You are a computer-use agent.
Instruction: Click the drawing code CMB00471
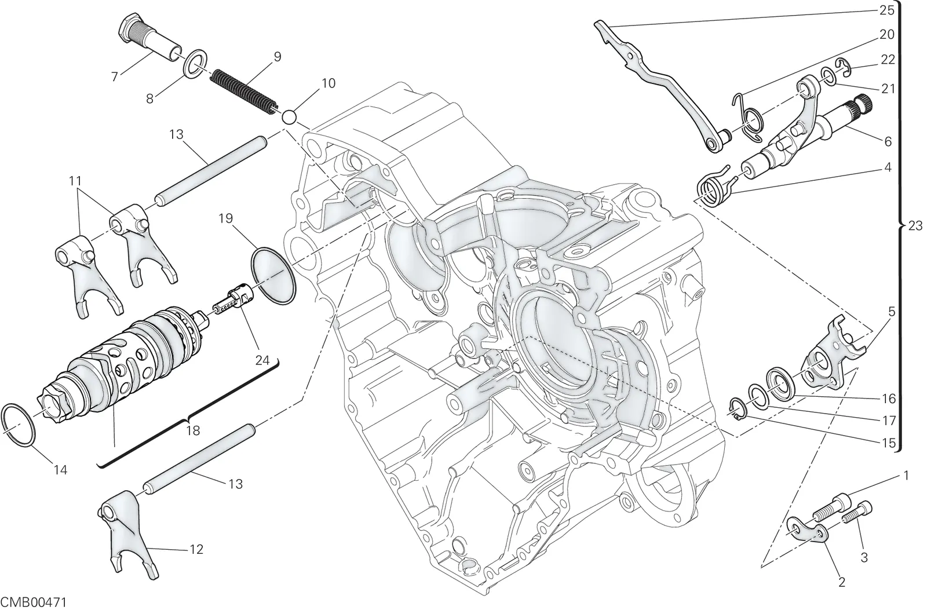[34, 602]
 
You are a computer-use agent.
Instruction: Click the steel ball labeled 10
[290, 117]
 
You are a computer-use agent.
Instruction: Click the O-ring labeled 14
[19, 425]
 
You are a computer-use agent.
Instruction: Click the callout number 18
[193, 431]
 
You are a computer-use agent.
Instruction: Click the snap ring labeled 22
[841, 68]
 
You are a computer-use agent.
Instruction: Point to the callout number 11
[75, 181]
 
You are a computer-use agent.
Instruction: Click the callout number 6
[888, 141]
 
